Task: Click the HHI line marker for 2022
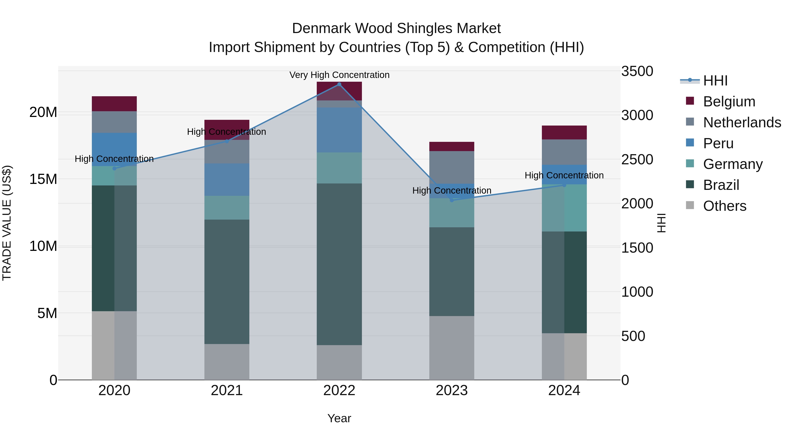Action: pyautogui.click(x=339, y=84)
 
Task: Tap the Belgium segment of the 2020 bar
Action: pyautogui.click(x=114, y=104)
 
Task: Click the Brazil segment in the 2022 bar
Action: pyautogui.click(x=339, y=264)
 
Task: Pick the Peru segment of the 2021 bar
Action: pyautogui.click(x=227, y=180)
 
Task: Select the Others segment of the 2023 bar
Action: pyautogui.click(x=452, y=348)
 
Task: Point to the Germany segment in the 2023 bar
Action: pyautogui.click(x=452, y=213)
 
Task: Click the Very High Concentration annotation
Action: pyautogui.click(x=339, y=75)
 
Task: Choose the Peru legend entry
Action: pyautogui.click(x=718, y=143)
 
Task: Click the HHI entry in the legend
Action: pyautogui.click(x=715, y=81)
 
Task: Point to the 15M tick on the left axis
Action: pyautogui.click(x=43, y=179)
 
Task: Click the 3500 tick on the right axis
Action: pyautogui.click(x=637, y=71)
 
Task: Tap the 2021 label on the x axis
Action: pyautogui.click(x=227, y=390)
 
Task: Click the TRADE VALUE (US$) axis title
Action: pyautogui.click(x=7, y=223)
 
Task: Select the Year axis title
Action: pyautogui.click(x=339, y=418)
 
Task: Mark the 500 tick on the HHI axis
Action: pyautogui.click(x=633, y=336)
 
